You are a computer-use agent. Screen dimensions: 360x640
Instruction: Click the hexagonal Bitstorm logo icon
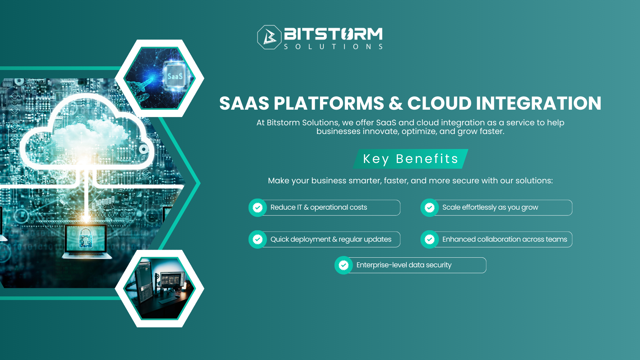point(269,37)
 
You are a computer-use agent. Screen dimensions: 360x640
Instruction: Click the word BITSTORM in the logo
point(333,34)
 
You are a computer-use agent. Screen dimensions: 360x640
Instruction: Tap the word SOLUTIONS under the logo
point(333,47)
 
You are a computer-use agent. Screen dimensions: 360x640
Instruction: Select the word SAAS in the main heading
point(244,103)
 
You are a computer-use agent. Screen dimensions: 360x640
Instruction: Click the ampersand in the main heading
point(396,103)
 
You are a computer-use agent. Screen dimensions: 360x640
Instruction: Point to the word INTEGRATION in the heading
point(538,103)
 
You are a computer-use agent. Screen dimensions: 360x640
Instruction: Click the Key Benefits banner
point(410,159)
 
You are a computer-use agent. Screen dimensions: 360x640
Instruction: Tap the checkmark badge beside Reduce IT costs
point(258,208)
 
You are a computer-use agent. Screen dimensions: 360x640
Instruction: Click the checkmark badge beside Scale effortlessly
point(430,208)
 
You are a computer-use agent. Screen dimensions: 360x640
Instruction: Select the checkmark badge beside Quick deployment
point(258,239)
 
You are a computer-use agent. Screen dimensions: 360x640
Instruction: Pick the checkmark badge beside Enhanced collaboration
point(430,239)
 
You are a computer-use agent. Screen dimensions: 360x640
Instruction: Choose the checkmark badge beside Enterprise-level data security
point(344,265)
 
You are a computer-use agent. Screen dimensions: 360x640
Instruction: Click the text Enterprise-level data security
point(404,265)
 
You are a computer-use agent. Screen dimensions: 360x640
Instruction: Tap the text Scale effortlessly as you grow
point(490,207)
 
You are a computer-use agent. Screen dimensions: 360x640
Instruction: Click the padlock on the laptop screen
point(86,237)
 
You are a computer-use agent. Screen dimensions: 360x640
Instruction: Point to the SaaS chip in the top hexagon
point(175,76)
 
